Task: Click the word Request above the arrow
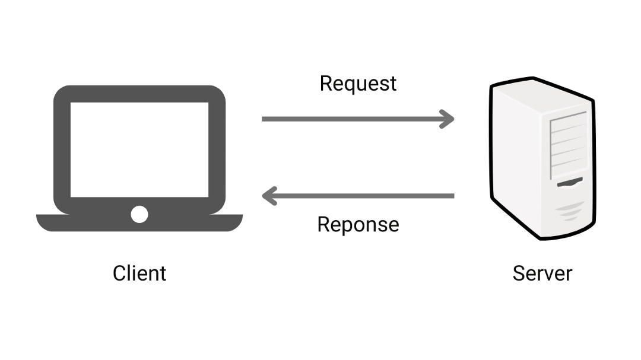358,84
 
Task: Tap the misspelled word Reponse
358,225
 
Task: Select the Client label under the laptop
139,273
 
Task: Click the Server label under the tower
542,273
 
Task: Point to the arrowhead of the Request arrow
448,119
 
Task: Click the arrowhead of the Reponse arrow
268,196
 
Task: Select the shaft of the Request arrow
350,119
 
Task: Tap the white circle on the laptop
139,214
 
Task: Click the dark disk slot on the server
569,183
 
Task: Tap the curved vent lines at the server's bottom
572,211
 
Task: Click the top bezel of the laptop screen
139,94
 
